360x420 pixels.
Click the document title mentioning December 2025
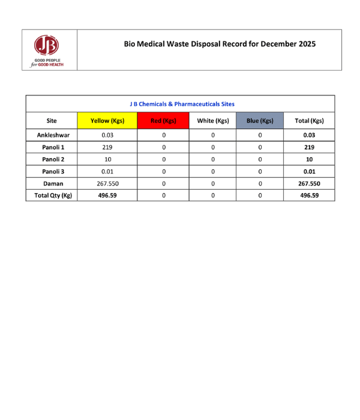click(220, 44)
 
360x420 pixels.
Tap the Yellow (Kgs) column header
click(107, 121)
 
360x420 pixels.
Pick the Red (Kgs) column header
click(163, 121)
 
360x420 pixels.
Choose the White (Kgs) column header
click(213, 121)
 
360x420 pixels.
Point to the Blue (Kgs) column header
click(260, 121)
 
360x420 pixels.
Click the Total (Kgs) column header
click(309, 121)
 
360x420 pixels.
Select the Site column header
click(52, 121)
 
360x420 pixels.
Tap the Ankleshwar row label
click(53, 135)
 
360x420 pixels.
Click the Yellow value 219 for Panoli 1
click(107, 147)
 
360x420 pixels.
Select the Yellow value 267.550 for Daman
click(107, 184)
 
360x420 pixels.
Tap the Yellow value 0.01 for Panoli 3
click(107, 172)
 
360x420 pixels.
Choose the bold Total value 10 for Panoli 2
click(309, 159)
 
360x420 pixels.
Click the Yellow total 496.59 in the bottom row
click(107, 195)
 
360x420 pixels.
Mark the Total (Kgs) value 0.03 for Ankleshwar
click(309, 135)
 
